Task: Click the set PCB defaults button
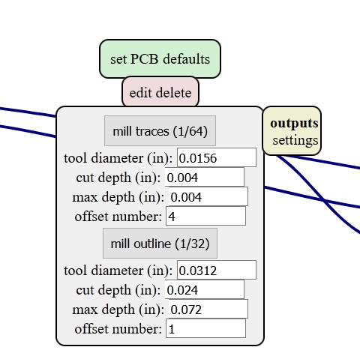coord(160,59)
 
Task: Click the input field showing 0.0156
coord(217,157)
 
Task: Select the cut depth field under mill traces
coord(205,177)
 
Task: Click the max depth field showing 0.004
coord(208,196)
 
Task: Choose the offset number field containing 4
coord(205,216)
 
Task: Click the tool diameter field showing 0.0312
coord(217,270)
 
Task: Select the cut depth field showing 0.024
coord(205,289)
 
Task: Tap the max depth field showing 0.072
coord(208,309)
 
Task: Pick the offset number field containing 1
coord(205,328)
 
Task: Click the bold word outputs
coord(294,124)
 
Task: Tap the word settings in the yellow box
coord(295,140)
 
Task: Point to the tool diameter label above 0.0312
coord(118,271)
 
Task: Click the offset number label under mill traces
coord(118,217)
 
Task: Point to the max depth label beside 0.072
coord(118,310)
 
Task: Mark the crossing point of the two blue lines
coord(324,200)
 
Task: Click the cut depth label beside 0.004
coord(118,178)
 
